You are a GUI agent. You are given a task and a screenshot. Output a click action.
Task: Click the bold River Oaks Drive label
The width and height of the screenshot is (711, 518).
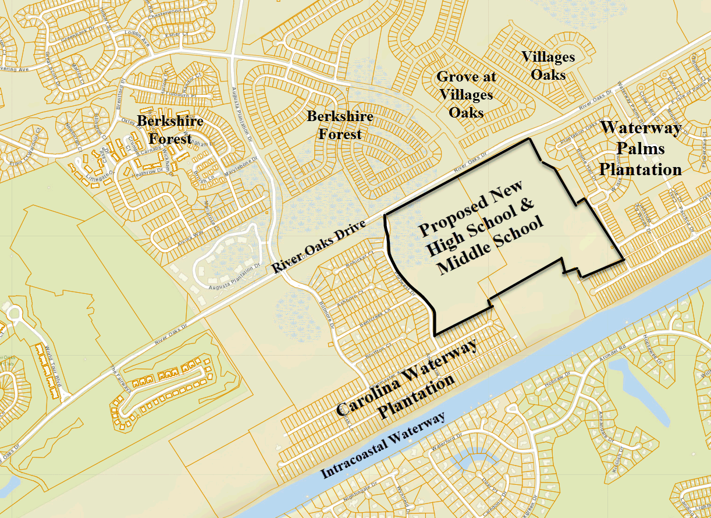[x=319, y=245]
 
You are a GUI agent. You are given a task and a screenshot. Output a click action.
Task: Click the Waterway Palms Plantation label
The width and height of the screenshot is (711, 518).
[x=640, y=148]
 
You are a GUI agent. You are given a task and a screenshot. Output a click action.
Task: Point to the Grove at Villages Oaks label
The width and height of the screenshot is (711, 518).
[x=465, y=94]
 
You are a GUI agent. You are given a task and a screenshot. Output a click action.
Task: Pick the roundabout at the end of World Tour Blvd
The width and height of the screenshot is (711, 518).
[x=14, y=315]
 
